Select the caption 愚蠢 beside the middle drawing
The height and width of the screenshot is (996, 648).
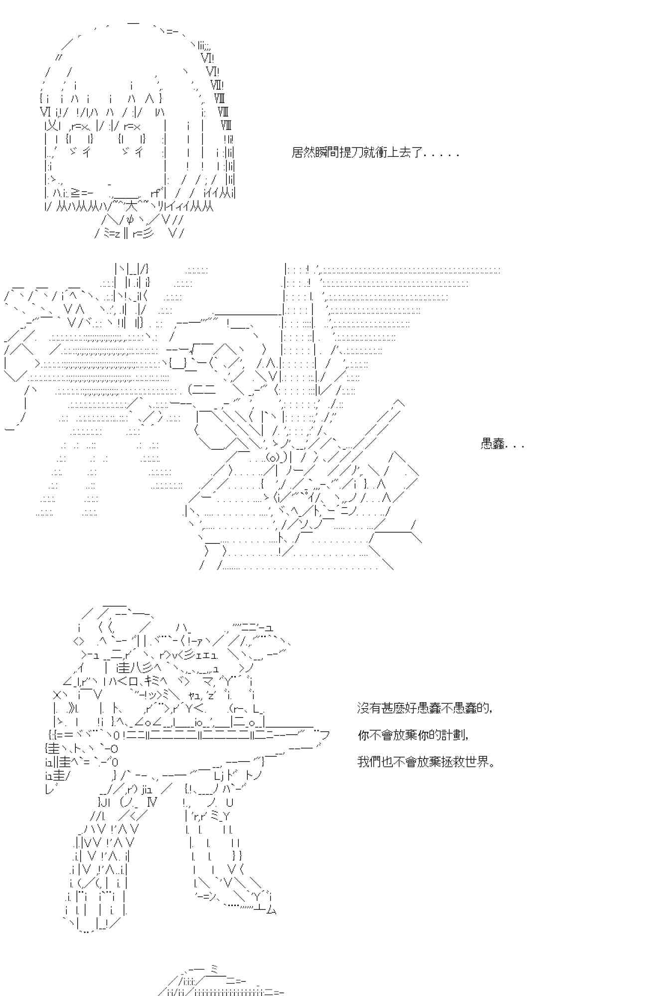pyautogui.click(x=493, y=444)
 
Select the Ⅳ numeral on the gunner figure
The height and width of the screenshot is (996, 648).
pyautogui.click(x=152, y=802)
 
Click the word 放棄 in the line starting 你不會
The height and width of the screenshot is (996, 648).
pyautogui.click(x=399, y=735)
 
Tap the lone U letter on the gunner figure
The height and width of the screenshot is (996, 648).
pyautogui.click(x=229, y=802)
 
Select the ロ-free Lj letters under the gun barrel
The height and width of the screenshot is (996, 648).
pyautogui.click(x=220, y=775)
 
